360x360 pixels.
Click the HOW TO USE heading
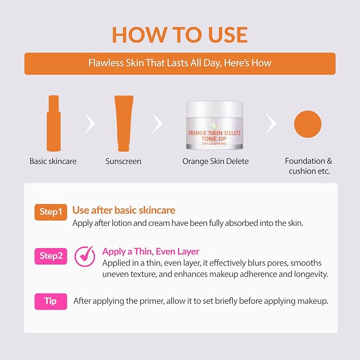point(180,34)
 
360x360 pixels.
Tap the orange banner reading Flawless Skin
point(180,64)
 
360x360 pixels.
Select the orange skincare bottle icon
point(54,124)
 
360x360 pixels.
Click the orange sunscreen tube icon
point(124,124)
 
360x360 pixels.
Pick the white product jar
point(214,125)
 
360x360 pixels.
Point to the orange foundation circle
point(308,124)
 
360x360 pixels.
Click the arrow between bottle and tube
point(90,124)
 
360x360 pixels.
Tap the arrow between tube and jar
point(157,124)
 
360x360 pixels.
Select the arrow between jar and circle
point(271,124)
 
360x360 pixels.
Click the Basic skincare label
point(53,161)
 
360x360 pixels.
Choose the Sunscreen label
point(124,161)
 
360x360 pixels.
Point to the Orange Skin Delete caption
point(215,161)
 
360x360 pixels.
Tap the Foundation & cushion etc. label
point(309,166)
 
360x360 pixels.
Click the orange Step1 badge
point(51,212)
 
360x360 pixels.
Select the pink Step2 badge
point(51,256)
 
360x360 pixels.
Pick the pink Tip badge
point(51,302)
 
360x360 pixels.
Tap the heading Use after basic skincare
point(124,210)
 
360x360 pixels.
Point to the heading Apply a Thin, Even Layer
point(151,252)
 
